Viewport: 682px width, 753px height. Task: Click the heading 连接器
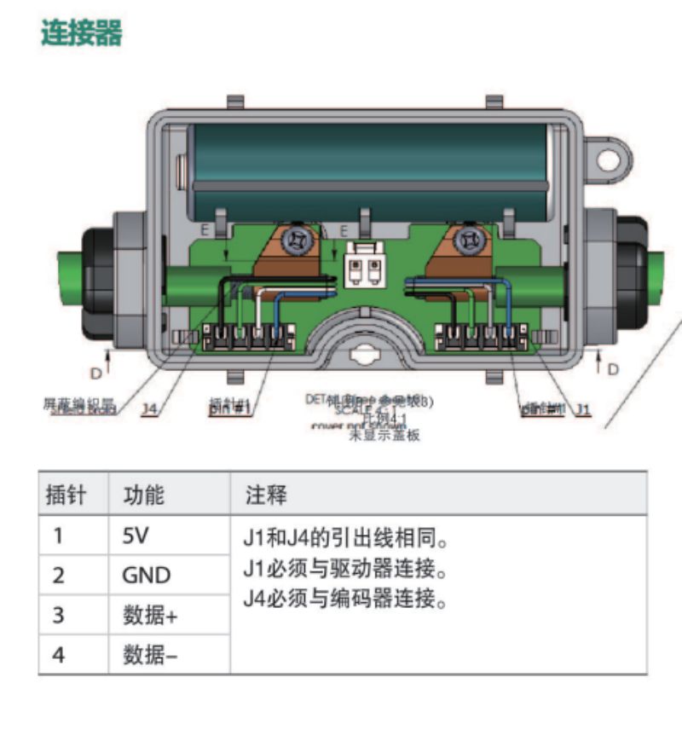pyautogui.click(x=82, y=33)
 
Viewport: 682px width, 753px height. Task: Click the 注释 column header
pyautogui.click(x=266, y=495)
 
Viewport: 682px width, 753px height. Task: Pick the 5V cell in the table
pyautogui.click(x=136, y=536)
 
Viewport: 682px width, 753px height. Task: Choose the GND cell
pyautogui.click(x=147, y=576)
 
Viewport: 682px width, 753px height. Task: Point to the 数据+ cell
pyautogui.click(x=152, y=615)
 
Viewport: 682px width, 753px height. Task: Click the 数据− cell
pyautogui.click(x=151, y=655)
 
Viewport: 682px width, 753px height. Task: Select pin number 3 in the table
pyautogui.click(x=58, y=615)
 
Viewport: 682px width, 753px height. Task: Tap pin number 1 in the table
pyautogui.click(x=58, y=536)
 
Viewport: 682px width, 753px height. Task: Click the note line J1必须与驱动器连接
pyautogui.click(x=345, y=568)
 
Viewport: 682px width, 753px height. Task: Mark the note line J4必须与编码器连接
pyautogui.click(x=345, y=598)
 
